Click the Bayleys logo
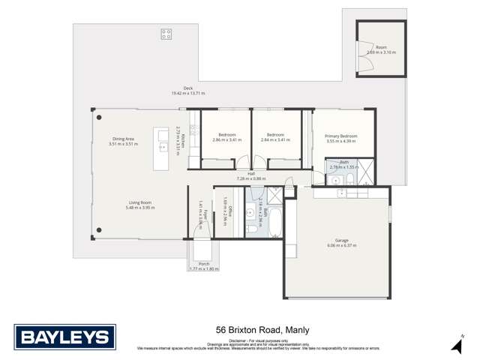point(65,337)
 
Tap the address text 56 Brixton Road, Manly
point(262,329)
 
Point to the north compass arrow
point(456,344)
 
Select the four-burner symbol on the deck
point(166,34)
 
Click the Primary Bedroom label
point(341,136)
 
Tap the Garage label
point(341,241)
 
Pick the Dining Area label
point(123,139)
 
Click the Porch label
point(203,264)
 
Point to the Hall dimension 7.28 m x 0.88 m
point(251,178)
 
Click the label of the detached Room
point(381,47)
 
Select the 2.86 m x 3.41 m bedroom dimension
point(227,140)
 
